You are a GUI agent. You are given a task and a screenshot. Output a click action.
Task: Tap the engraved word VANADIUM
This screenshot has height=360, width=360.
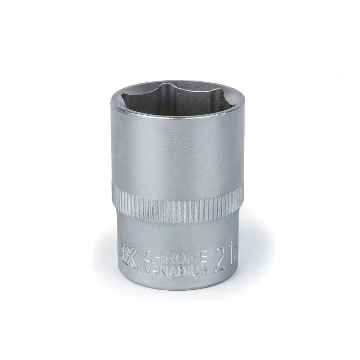[175, 269]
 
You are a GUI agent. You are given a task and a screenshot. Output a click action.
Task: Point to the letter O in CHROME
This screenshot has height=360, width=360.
[180, 257]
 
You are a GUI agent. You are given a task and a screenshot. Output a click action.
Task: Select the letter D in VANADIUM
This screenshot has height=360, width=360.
[182, 269]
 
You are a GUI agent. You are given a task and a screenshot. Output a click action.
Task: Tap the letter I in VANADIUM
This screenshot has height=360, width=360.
[188, 269]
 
